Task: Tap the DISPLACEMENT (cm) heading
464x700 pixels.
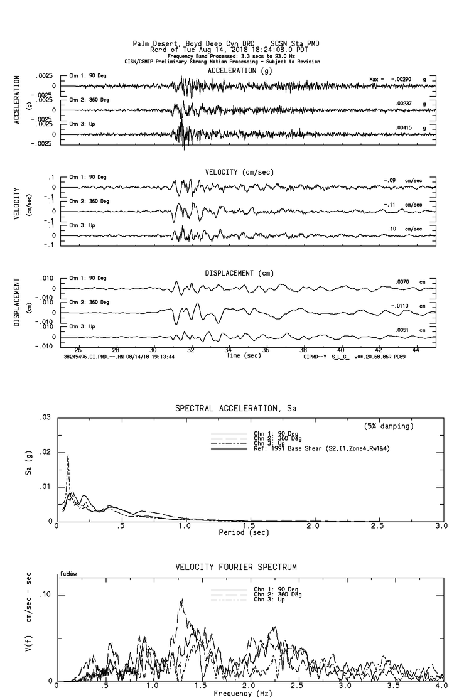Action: tap(239, 273)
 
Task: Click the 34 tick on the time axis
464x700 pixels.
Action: tap(229, 350)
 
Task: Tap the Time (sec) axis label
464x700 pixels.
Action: tap(244, 356)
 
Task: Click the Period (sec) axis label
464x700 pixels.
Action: tap(244, 532)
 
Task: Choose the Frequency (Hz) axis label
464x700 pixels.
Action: tap(244, 693)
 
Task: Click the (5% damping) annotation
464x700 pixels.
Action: tap(389, 426)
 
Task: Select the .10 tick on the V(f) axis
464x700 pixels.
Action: tap(45, 595)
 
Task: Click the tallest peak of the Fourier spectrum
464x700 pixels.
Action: tap(182, 600)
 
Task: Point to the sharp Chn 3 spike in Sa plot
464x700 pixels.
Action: tap(68, 455)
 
